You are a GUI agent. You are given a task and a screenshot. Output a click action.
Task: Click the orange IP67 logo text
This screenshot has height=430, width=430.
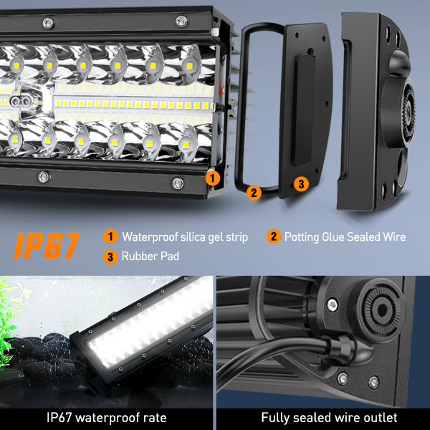(47, 245)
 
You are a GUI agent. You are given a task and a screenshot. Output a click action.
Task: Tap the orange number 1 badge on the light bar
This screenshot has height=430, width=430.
(213, 178)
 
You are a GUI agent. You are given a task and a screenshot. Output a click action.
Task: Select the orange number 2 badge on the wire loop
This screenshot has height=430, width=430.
(254, 193)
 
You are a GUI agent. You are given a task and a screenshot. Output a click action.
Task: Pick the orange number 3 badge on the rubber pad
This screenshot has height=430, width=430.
(301, 183)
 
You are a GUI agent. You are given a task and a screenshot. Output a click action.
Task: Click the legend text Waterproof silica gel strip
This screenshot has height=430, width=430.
(185, 237)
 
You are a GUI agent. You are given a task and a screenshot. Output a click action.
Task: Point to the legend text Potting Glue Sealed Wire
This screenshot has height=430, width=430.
(345, 237)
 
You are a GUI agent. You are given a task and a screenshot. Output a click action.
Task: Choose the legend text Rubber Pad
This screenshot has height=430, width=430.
(150, 256)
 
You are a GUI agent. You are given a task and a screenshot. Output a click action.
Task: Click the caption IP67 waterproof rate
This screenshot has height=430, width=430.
(106, 418)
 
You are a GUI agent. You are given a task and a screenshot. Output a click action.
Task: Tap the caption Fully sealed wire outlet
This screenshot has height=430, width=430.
(329, 418)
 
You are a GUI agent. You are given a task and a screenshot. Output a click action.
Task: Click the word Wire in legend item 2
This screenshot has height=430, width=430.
(394, 237)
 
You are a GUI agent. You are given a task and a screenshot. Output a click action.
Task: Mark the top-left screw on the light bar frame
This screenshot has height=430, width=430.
(48, 23)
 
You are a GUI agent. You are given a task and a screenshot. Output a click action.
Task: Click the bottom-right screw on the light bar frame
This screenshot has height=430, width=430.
(178, 183)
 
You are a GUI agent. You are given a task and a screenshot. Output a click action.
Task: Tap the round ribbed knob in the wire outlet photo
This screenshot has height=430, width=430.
(382, 310)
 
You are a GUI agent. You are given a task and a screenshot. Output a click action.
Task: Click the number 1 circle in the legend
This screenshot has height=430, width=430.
(110, 236)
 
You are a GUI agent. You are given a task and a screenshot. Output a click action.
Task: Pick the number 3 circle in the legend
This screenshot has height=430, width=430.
(110, 257)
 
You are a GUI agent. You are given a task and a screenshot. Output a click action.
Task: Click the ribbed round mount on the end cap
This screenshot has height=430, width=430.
(408, 108)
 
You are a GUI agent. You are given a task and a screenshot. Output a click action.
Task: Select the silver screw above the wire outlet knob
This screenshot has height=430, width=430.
(333, 305)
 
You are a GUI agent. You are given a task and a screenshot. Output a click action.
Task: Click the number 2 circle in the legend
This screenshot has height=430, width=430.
(274, 236)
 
